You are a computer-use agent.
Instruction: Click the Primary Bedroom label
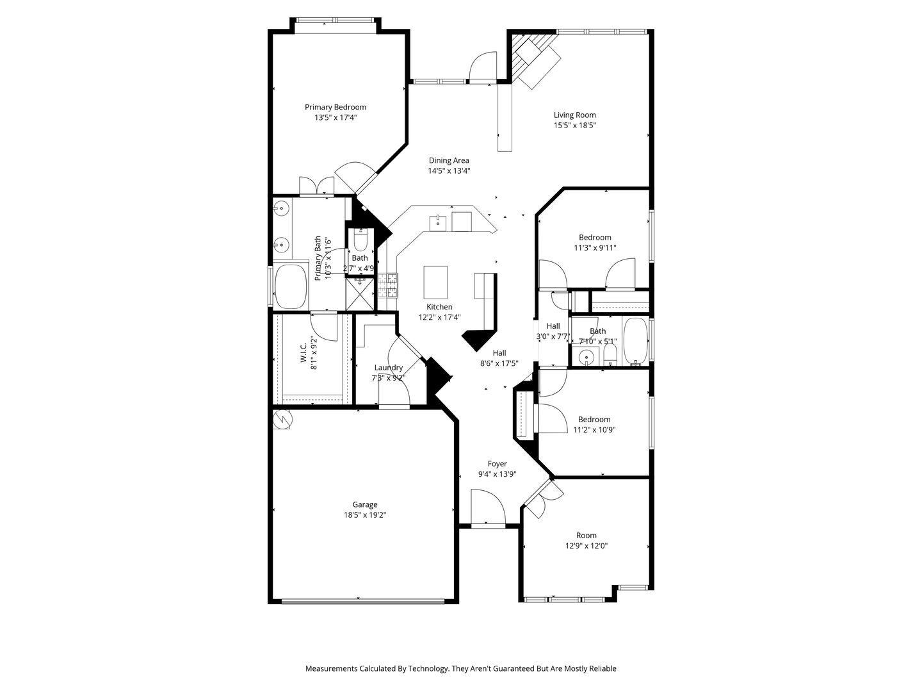pyautogui.click(x=335, y=107)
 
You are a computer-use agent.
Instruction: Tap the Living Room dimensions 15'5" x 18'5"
pyautogui.click(x=575, y=126)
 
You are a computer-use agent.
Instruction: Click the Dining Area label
pyautogui.click(x=449, y=160)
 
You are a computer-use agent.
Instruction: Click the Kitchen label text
pyautogui.click(x=439, y=307)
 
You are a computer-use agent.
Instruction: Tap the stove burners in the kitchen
pyautogui.click(x=387, y=286)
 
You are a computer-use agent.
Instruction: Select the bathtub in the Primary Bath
pyautogui.click(x=291, y=286)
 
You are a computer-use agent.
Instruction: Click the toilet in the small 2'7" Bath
pyautogui.click(x=360, y=241)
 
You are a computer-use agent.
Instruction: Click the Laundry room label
pyautogui.click(x=389, y=367)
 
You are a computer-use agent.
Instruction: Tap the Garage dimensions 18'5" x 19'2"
pyautogui.click(x=365, y=515)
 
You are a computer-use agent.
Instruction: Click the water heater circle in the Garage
pyautogui.click(x=282, y=420)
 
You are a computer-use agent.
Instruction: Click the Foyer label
pyautogui.click(x=497, y=464)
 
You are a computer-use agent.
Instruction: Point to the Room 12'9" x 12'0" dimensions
pyautogui.click(x=586, y=546)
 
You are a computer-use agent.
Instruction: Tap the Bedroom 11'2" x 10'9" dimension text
pyautogui.click(x=594, y=430)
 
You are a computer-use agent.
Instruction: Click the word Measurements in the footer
pyautogui.click(x=331, y=668)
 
